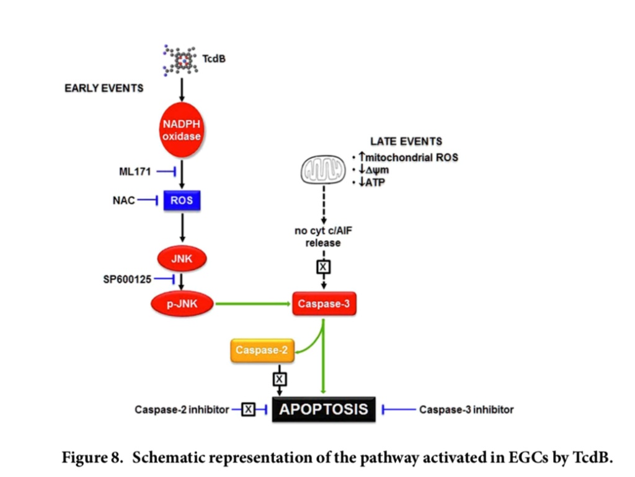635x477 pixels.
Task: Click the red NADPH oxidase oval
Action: click(182, 131)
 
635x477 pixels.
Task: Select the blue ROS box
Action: click(182, 201)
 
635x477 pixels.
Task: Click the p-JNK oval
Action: click(182, 304)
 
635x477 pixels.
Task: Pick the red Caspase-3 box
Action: click(324, 304)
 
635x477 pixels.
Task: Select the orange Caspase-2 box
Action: click(261, 351)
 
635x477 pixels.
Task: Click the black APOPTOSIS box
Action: click(324, 409)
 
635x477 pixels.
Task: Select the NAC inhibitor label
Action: click(123, 201)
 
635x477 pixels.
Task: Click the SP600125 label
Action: click(127, 279)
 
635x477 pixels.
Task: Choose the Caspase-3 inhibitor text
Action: click(466, 409)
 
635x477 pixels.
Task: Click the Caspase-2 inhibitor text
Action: click(182, 409)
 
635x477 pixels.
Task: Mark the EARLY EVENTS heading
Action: click(104, 88)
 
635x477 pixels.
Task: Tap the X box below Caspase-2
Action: click(280, 378)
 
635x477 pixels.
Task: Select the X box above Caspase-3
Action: click(324, 267)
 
